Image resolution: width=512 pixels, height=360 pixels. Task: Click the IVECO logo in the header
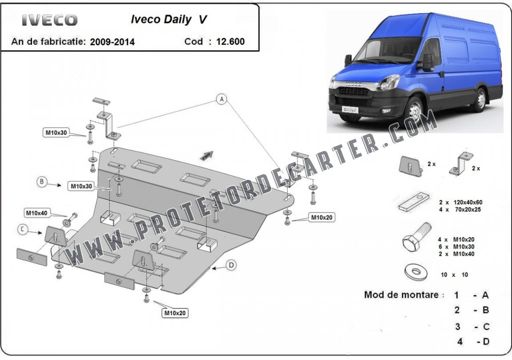[x=50, y=20]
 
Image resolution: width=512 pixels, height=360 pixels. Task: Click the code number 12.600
[x=230, y=41]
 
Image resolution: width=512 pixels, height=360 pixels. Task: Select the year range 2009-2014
[x=112, y=42]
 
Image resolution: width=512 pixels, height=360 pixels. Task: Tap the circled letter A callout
[x=222, y=99]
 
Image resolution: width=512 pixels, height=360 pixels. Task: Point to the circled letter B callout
[x=42, y=182]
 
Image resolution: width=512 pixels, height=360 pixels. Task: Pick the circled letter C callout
[x=23, y=230]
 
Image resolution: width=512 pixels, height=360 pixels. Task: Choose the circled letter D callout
[x=231, y=265]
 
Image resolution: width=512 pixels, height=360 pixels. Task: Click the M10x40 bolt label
[x=37, y=213]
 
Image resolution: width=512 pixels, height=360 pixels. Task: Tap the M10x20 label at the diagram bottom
[x=175, y=313]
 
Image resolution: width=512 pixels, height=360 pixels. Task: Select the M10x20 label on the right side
[x=322, y=217]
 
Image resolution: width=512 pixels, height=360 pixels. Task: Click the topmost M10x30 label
[x=56, y=132]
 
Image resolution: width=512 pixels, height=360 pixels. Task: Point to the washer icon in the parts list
[x=416, y=272]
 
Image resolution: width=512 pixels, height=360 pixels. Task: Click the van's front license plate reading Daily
[x=350, y=109]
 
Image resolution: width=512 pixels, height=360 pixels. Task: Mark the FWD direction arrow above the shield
[x=206, y=156]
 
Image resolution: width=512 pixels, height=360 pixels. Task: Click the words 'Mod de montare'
[x=401, y=295]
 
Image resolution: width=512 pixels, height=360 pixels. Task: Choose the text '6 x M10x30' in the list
[x=456, y=247]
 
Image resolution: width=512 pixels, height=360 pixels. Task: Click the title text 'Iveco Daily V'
[x=169, y=19]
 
